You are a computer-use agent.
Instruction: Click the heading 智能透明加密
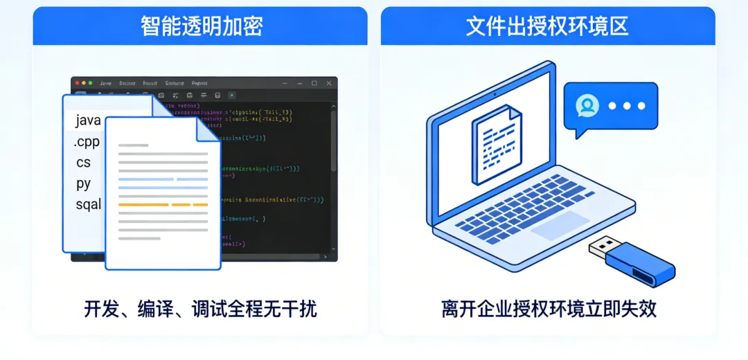[x=201, y=26]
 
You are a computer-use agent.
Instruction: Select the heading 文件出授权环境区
[x=547, y=26]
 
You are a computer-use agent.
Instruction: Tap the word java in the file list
[x=89, y=120]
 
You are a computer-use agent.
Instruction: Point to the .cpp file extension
[x=87, y=142]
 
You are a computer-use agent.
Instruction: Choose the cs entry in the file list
[x=84, y=163]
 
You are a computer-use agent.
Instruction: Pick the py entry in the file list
[x=84, y=183]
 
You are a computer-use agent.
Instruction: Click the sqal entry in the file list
[x=89, y=204]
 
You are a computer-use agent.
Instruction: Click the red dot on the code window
[x=76, y=83]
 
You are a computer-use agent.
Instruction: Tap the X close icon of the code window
[x=328, y=83]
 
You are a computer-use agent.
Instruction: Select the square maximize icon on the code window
[x=314, y=83]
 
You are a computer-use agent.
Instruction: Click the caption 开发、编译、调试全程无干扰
[x=201, y=309]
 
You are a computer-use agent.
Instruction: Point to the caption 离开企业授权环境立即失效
[x=549, y=309]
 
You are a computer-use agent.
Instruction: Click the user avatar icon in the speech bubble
[x=587, y=106]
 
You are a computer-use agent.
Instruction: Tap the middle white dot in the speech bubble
[x=627, y=106]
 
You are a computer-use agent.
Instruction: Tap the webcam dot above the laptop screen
[x=495, y=93]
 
